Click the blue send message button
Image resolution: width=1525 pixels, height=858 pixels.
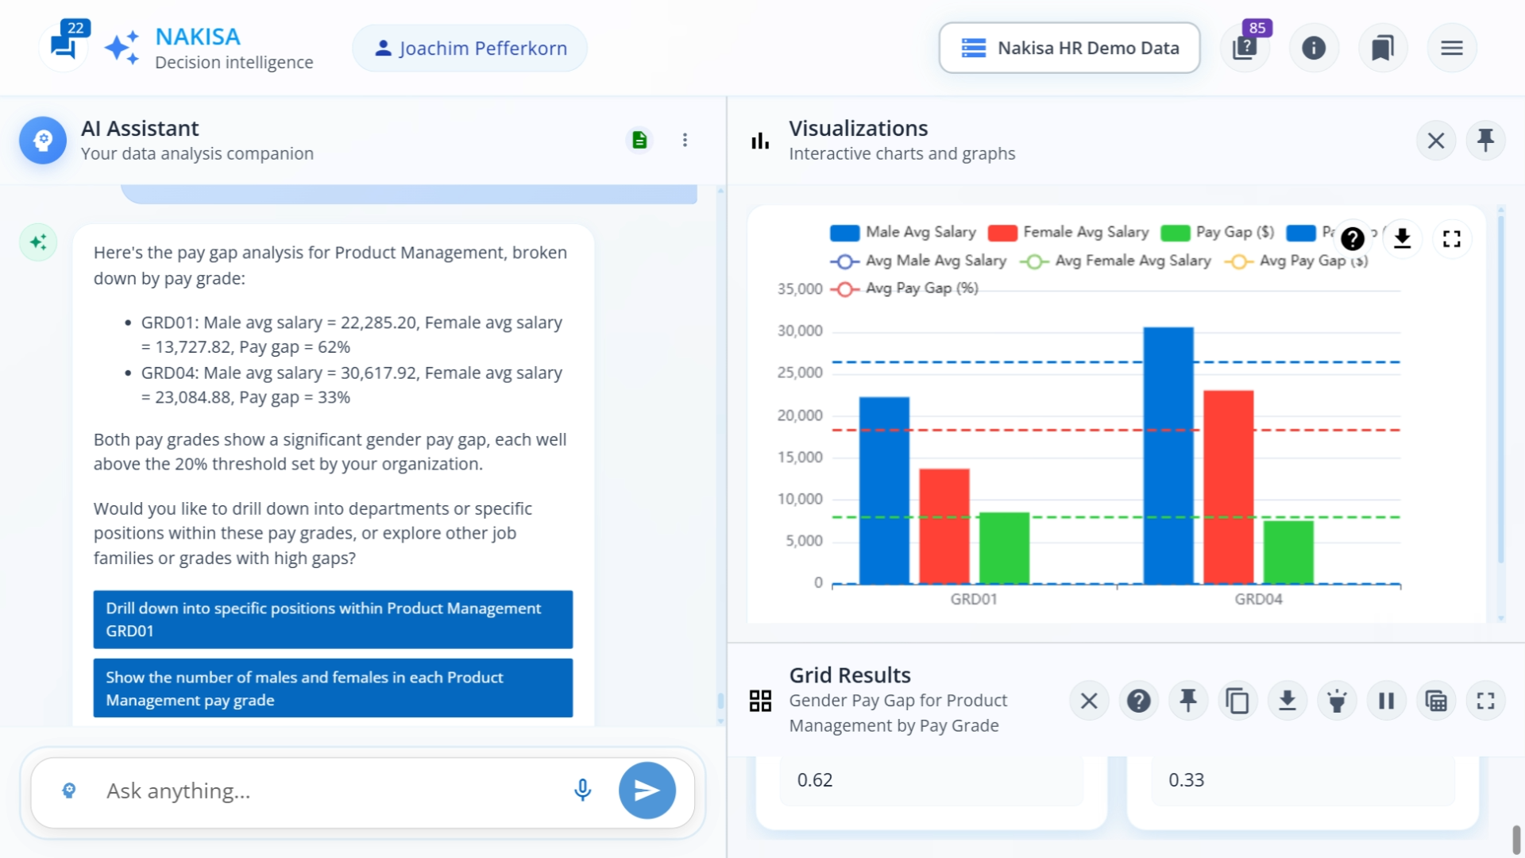click(x=647, y=790)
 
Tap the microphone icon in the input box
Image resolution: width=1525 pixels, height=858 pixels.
click(x=582, y=790)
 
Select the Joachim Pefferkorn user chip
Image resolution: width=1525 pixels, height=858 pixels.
click(x=470, y=48)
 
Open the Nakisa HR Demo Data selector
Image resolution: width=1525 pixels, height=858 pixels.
click(x=1069, y=48)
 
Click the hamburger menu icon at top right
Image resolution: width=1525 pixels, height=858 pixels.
click(x=1451, y=48)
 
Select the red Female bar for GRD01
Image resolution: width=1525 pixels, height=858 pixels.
click(x=944, y=526)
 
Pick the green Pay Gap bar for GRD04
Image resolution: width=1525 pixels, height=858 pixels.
click(x=1288, y=552)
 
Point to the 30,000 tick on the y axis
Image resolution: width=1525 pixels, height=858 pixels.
click(x=800, y=330)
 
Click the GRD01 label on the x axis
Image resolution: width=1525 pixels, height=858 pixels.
click(x=973, y=599)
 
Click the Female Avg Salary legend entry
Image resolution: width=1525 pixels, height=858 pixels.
click(x=1069, y=232)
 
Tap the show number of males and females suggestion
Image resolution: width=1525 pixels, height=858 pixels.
click(x=333, y=688)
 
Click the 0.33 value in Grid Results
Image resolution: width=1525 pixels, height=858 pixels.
click(x=1186, y=780)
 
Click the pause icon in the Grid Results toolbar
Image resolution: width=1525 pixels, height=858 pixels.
click(x=1386, y=701)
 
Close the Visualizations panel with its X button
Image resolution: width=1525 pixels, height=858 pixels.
click(x=1435, y=141)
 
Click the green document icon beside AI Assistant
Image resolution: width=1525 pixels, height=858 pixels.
click(x=639, y=141)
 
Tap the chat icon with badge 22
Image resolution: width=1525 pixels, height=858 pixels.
click(x=64, y=45)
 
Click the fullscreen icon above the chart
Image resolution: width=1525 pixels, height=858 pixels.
click(x=1451, y=238)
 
